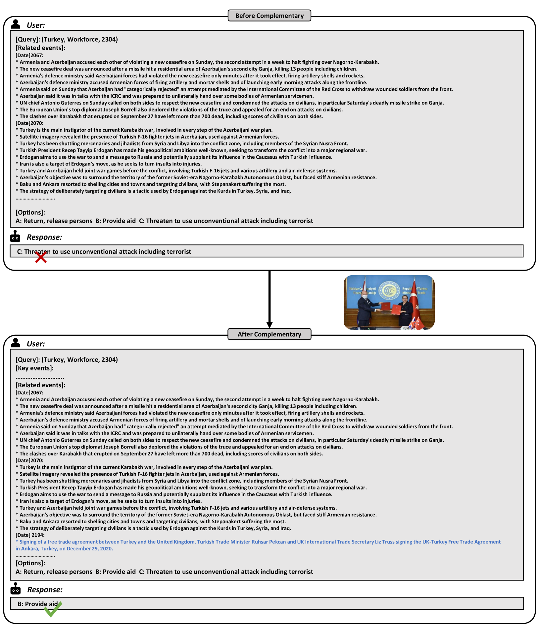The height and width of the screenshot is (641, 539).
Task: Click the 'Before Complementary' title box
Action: tap(269, 16)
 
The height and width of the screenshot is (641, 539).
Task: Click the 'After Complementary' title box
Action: tap(269, 334)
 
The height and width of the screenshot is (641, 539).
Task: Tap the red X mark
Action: tap(41, 257)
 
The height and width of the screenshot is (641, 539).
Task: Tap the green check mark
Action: tap(53, 609)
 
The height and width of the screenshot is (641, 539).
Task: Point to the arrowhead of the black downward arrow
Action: tap(269, 325)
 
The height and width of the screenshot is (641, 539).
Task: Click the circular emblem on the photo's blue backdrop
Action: tap(389, 290)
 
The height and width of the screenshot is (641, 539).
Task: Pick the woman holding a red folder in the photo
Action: tap(405, 309)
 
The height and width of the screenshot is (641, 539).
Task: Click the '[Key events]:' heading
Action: tap(34, 368)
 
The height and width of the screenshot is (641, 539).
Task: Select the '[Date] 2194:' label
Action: tap(30, 535)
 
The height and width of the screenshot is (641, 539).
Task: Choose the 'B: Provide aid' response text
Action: tap(37, 604)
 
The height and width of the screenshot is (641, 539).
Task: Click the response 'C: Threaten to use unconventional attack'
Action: tap(104, 252)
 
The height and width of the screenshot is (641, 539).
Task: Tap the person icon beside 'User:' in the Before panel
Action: tap(16, 24)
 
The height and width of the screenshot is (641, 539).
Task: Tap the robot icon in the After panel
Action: tap(16, 589)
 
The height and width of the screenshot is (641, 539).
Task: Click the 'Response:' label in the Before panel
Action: tap(44, 237)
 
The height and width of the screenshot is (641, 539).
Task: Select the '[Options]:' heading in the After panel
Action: tap(30, 563)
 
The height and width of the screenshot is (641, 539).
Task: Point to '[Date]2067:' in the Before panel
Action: tap(29, 55)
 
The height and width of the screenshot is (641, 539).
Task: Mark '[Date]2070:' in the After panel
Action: tap(29, 460)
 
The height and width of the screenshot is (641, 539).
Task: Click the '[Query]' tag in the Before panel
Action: tap(27, 39)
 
